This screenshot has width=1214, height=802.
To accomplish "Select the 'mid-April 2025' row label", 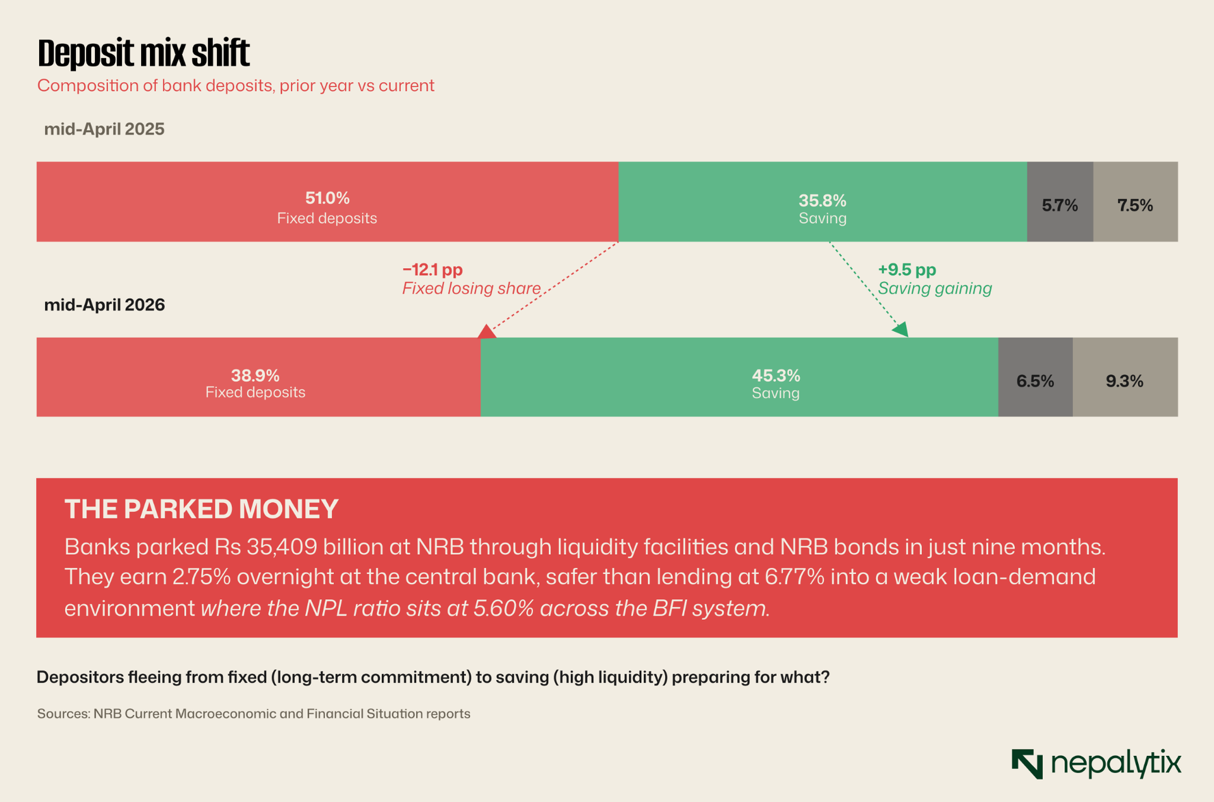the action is point(104,130).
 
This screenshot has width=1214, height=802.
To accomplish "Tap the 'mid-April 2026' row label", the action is point(104,305).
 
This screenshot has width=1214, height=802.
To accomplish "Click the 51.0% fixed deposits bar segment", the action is point(328,202).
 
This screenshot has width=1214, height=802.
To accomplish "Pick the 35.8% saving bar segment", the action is point(823,202).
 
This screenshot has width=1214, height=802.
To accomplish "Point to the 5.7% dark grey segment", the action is point(1060,202).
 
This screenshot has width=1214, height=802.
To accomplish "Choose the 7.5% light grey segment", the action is point(1136,202).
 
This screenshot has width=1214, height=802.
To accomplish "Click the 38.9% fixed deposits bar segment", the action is point(259,377).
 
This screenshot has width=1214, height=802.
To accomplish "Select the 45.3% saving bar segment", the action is point(739,377).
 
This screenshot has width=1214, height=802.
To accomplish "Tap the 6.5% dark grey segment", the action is point(1036,377).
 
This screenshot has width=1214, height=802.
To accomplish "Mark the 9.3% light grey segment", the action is point(1125,377).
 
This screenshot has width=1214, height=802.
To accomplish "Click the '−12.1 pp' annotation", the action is point(432,270).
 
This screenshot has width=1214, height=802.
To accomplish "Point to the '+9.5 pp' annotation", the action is point(907,270).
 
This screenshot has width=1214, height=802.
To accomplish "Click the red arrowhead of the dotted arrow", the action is point(486,331).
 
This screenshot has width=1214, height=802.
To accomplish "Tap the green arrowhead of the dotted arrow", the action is point(901,329).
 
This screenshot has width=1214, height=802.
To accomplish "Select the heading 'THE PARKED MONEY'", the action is point(202,509).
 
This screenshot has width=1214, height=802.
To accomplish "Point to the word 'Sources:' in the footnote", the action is point(63,714).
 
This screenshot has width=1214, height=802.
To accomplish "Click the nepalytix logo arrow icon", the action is point(1027,763).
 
